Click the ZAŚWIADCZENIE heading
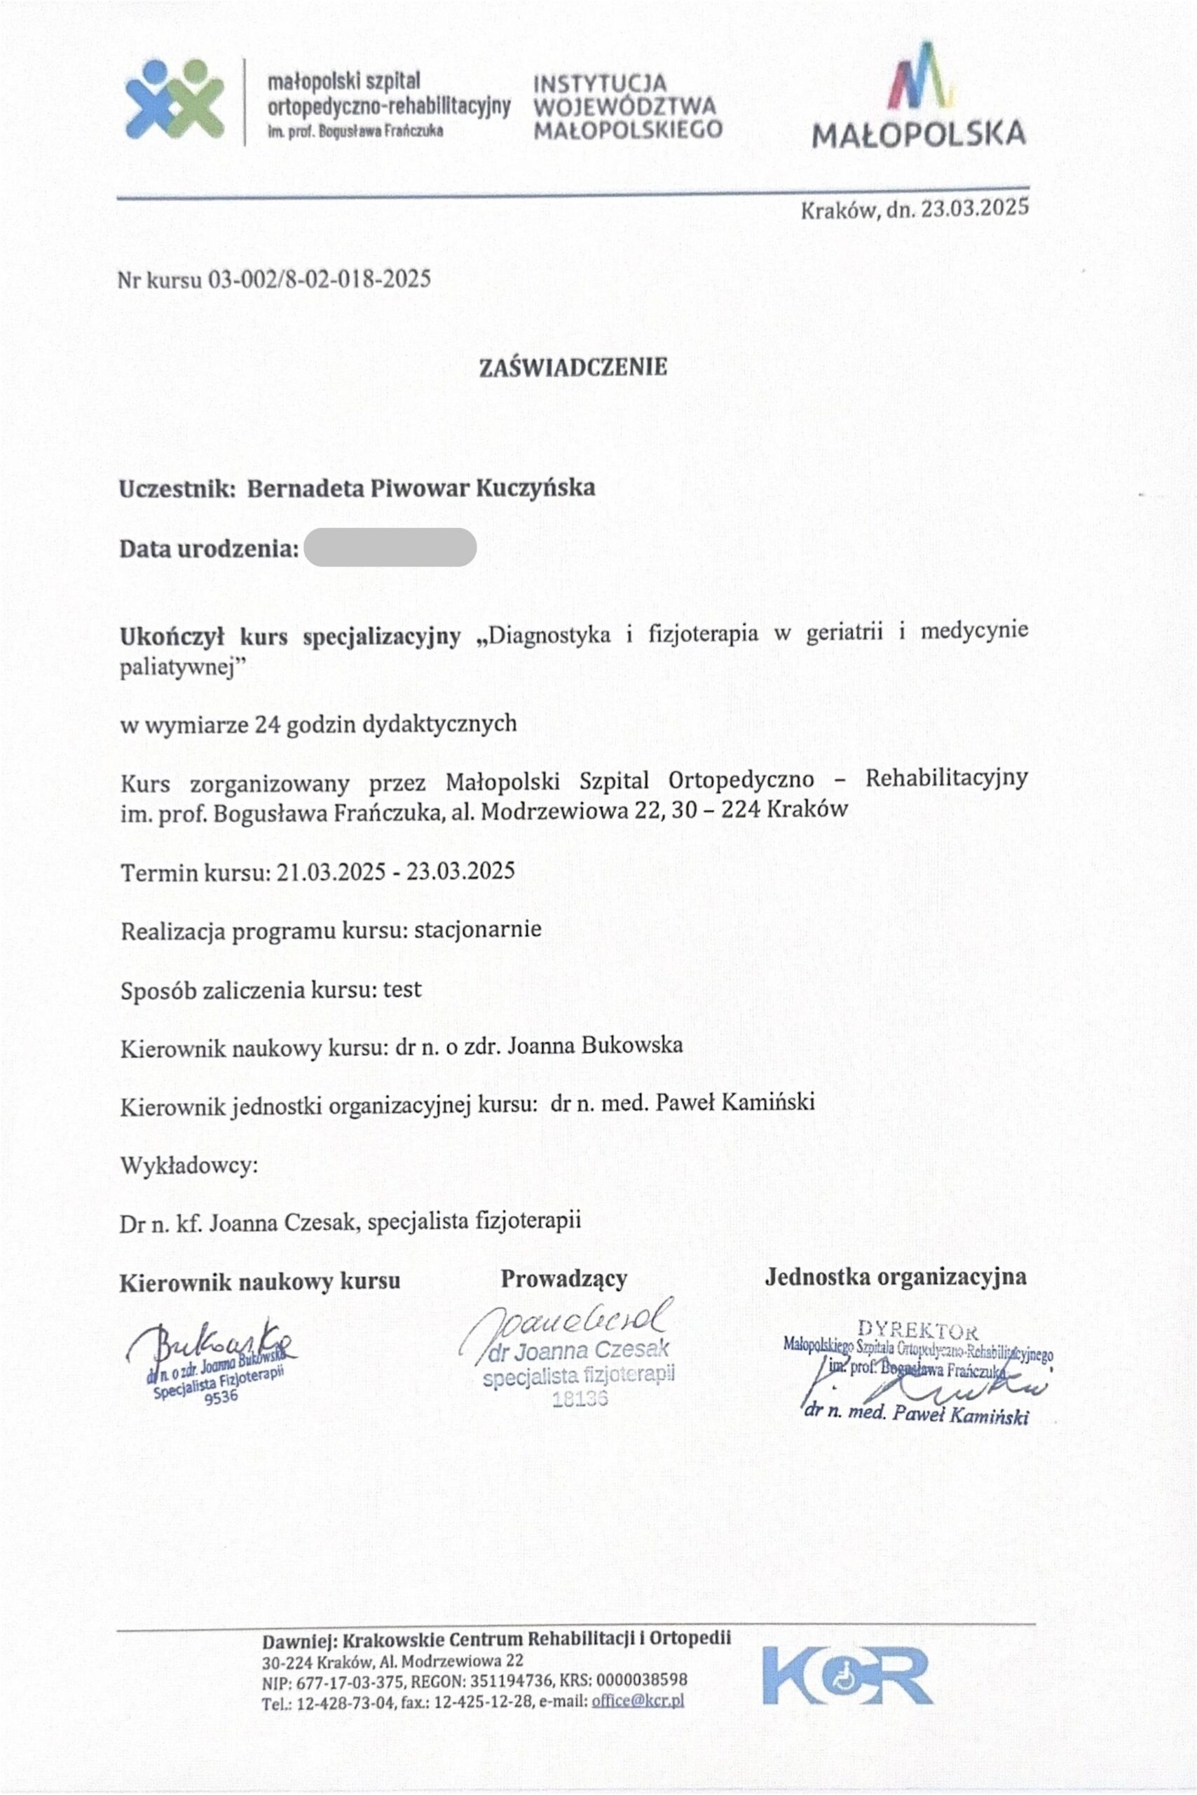tap(573, 367)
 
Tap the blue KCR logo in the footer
tap(847, 1675)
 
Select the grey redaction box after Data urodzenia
tap(390, 548)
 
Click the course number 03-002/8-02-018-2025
tap(320, 279)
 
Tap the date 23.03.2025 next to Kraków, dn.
tap(975, 208)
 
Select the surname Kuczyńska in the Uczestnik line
tap(535, 487)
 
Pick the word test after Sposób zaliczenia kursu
tap(402, 989)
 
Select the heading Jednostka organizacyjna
tap(896, 1276)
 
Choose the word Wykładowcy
tap(189, 1166)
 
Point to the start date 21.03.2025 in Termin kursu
tap(331, 872)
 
